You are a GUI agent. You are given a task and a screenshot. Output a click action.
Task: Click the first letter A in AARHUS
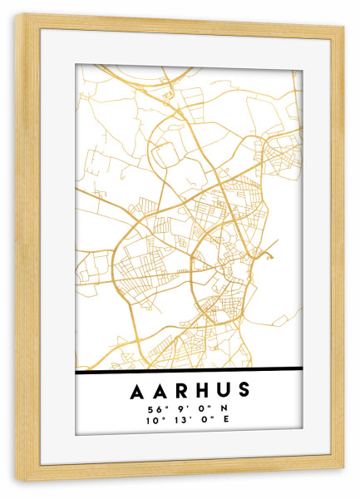coord(136,390)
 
